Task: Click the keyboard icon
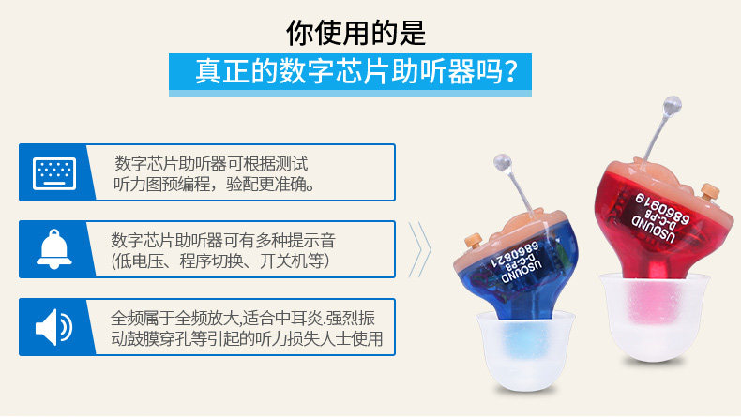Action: tap(54, 173)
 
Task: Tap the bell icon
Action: tap(54, 249)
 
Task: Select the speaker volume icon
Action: tap(53, 327)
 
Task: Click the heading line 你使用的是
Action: tap(355, 33)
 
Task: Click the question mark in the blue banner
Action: tap(508, 71)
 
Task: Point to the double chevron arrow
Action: tap(419, 249)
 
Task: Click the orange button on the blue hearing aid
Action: tap(473, 240)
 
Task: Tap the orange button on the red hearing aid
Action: tap(709, 191)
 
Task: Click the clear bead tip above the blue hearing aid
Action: tap(502, 162)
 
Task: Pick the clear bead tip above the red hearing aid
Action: tap(672, 106)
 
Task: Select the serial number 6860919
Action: tap(662, 208)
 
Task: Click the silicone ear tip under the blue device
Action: tap(525, 350)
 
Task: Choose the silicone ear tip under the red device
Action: tap(655, 317)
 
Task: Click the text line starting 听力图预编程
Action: tap(214, 185)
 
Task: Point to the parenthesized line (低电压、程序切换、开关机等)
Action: tap(220, 261)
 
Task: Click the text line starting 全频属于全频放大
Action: tap(243, 319)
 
